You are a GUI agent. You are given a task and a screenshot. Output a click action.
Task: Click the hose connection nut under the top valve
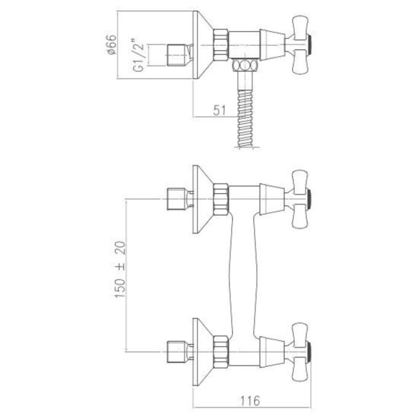pyautogui.click(x=245, y=67)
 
